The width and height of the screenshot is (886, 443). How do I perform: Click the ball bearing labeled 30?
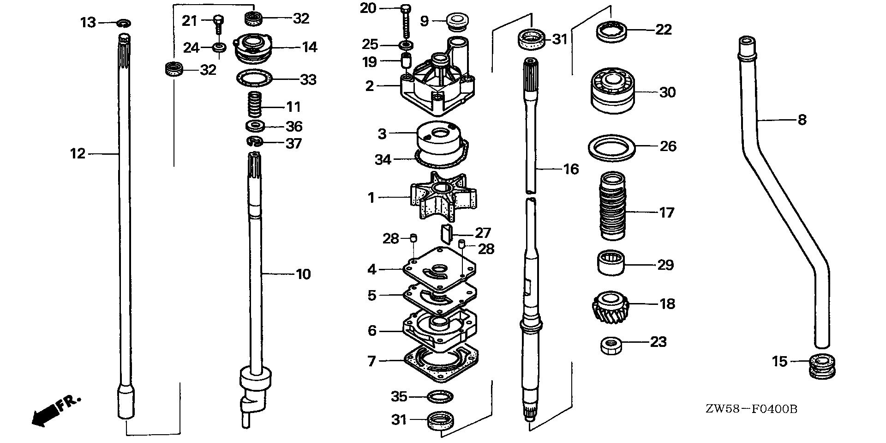[x=613, y=92]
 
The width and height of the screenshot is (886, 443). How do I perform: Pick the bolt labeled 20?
[x=406, y=21]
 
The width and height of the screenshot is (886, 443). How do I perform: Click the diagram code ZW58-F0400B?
[x=751, y=409]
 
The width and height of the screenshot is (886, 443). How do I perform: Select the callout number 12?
[x=78, y=153]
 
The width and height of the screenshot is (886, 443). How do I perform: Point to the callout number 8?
[x=802, y=120]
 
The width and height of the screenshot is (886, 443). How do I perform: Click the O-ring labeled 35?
[x=440, y=396]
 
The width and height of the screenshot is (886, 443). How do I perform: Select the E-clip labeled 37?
[x=255, y=142]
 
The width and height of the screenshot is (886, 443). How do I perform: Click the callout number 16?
[x=571, y=170]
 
